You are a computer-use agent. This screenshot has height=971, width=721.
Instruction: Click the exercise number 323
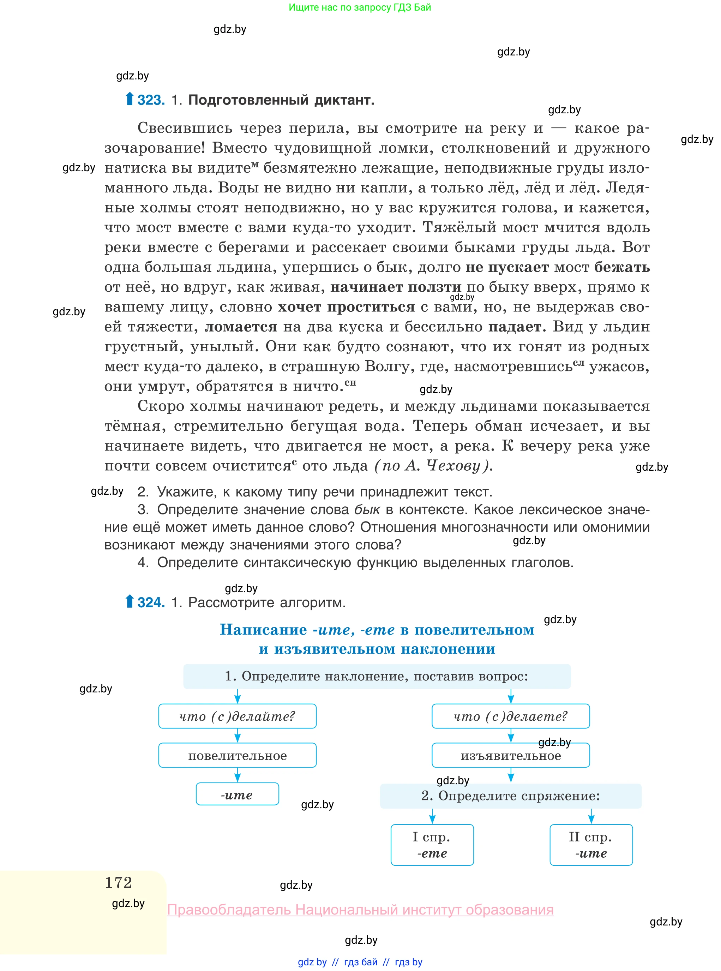coord(151,100)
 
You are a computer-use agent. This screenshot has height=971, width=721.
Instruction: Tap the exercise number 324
coord(151,602)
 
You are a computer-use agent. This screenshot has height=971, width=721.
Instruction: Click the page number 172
coord(118,882)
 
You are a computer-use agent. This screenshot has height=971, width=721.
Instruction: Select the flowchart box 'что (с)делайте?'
coord(237,716)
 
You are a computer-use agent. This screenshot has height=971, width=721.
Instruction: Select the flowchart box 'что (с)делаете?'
coord(510,716)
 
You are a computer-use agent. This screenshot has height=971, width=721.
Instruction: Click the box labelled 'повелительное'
coord(237,755)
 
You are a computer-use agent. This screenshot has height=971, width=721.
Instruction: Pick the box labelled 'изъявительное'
coord(510,756)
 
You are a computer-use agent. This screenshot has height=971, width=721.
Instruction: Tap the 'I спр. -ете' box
coord(432,844)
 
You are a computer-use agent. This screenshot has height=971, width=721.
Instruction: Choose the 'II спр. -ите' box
coord(591,844)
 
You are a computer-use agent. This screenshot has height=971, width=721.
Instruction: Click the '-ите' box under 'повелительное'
coord(237,794)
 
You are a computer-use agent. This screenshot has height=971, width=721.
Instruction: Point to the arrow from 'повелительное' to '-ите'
coord(238,775)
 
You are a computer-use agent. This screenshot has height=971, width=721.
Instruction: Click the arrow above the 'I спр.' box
coord(432,816)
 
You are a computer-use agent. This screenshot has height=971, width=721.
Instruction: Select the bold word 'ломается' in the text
coord(241,327)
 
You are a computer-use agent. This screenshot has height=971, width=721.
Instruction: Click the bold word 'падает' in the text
coord(514,327)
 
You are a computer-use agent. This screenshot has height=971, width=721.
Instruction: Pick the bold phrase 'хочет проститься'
coord(347,307)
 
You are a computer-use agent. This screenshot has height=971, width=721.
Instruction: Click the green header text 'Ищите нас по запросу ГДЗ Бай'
coord(360,7)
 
